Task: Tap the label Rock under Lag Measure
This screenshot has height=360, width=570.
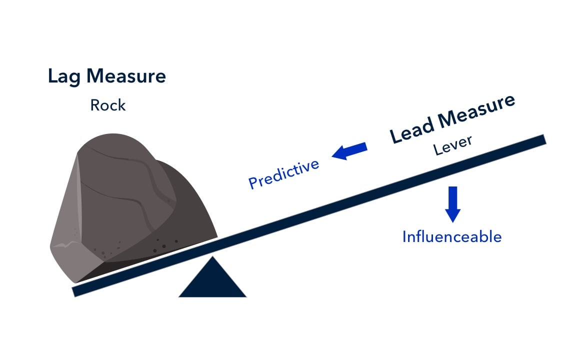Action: [x=108, y=105]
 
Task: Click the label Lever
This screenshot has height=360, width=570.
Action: [x=452, y=145]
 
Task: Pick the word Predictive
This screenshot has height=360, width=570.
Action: [x=283, y=173]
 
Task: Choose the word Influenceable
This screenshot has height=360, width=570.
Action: [x=452, y=236]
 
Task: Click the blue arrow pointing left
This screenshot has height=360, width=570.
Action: [x=349, y=151]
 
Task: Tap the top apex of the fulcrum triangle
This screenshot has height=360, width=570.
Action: [x=213, y=258]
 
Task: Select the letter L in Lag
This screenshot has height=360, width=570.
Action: [x=52, y=77]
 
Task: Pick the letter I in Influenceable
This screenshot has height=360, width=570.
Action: [x=404, y=236]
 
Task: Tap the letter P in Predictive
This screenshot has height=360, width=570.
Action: [x=253, y=183]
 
